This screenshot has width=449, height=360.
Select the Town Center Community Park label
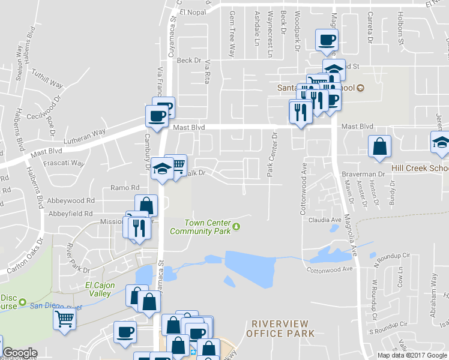point(200,226)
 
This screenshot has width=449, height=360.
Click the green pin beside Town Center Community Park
point(237,226)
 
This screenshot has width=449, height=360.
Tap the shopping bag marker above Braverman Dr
point(379,147)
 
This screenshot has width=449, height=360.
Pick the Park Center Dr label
point(273,154)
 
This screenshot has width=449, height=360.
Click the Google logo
point(20,353)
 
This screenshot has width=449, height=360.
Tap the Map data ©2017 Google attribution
point(412,355)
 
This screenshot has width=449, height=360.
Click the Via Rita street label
point(208,71)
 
